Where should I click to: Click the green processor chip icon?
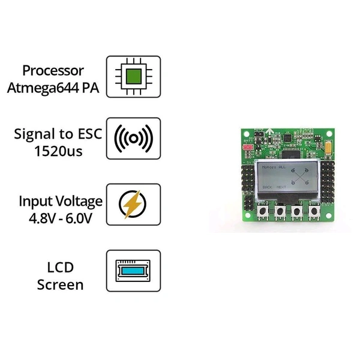pos(134,77)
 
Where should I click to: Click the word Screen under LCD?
pos(60,284)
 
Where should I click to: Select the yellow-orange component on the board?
pos(329,147)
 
